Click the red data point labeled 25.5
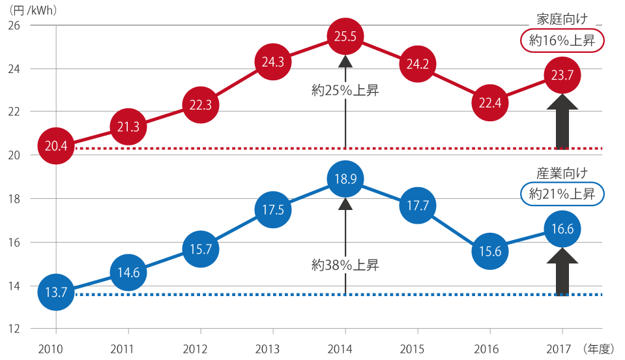(x=345, y=37)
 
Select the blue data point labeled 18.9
(x=345, y=179)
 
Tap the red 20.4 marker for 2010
(x=57, y=145)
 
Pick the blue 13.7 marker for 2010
(x=57, y=292)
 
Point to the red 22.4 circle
(x=489, y=103)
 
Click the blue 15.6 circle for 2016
(x=489, y=250)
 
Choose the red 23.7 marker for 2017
(x=561, y=76)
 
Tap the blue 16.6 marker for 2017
(x=561, y=229)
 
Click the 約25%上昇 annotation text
(x=345, y=91)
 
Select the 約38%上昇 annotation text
(x=345, y=265)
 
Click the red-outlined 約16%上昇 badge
(x=562, y=40)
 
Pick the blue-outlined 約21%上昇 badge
(x=562, y=194)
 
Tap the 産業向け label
(x=562, y=173)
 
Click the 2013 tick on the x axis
(x=269, y=348)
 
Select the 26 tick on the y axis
(x=14, y=25)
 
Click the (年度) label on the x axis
(x=598, y=348)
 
